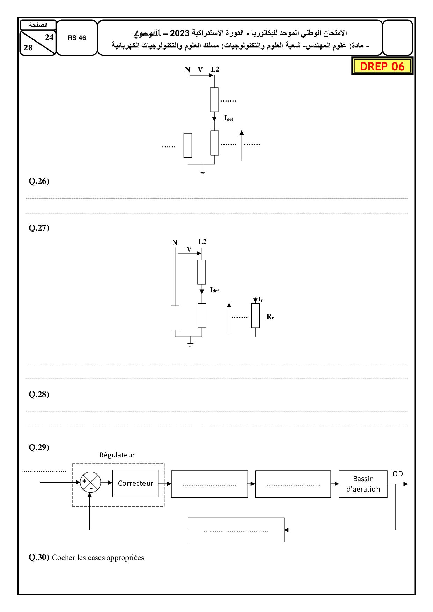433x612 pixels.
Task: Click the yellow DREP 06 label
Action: pyautogui.click(x=382, y=66)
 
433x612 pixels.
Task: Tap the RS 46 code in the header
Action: pyautogui.click(x=77, y=38)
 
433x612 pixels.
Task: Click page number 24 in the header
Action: pyautogui.click(x=49, y=37)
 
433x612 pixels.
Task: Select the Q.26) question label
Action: pyautogui.click(x=39, y=181)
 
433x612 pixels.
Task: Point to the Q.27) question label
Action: pyautogui.click(x=39, y=228)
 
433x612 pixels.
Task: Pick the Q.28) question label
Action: pyautogui.click(x=39, y=394)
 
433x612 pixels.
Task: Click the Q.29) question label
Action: pyautogui.click(x=39, y=447)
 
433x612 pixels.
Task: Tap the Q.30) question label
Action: pyautogui.click(x=39, y=557)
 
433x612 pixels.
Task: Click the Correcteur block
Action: pyautogui.click(x=135, y=483)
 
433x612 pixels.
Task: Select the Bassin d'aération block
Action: pyautogui.click(x=363, y=484)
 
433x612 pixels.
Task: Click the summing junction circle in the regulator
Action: pyautogui.click(x=90, y=483)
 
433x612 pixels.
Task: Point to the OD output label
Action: pyautogui.click(x=397, y=474)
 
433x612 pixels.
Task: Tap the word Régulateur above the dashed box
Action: pyautogui.click(x=117, y=455)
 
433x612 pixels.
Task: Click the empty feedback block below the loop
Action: pyautogui.click(x=236, y=530)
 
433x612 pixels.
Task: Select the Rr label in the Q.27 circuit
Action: pyautogui.click(x=270, y=317)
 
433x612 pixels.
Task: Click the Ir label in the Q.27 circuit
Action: pyautogui.click(x=260, y=299)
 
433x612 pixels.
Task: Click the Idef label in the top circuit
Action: pyautogui.click(x=229, y=118)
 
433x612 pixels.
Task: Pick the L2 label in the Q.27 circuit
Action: pyautogui.click(x=202, y=241)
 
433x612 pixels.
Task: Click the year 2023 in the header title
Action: pyautogui.click(x=179, y=33)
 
